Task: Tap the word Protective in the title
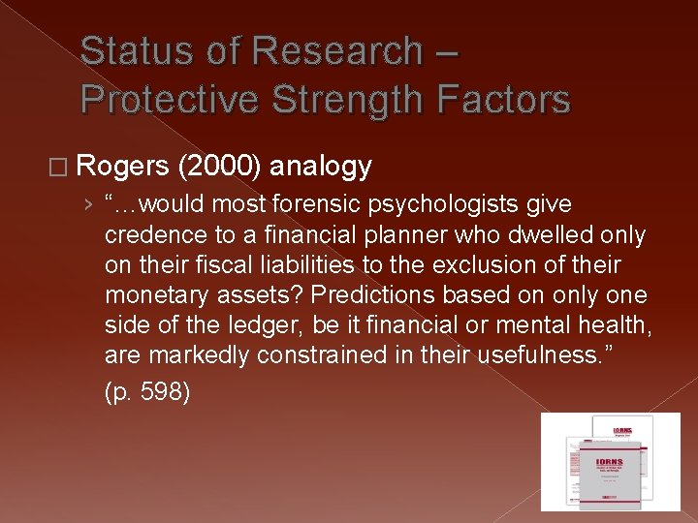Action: tap(168, 99)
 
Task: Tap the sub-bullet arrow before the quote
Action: tap(88, 205)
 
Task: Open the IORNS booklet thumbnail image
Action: tap(610, 462)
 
